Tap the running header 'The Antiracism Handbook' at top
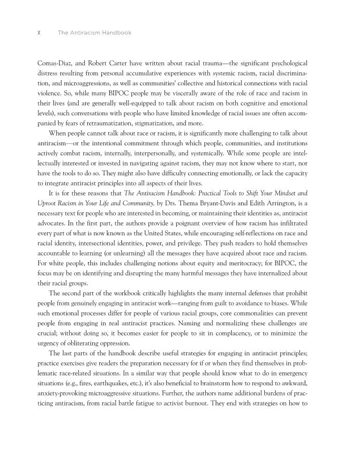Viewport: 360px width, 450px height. point(94,33)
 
